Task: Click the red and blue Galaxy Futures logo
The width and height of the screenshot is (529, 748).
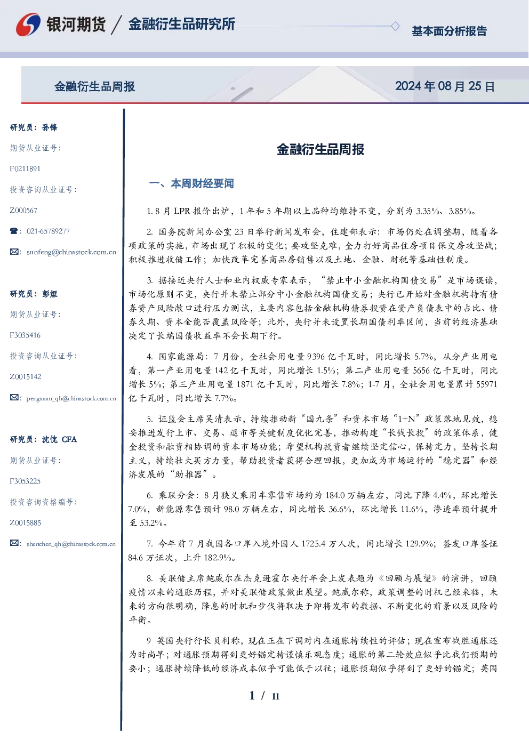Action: coord(28,25)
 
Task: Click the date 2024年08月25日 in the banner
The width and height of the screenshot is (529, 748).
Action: coord(445,86)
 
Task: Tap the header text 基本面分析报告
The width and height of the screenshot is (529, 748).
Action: coord(449,31)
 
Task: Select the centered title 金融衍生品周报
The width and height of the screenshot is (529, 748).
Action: coord(320,149)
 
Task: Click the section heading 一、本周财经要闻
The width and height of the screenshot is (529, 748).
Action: coord(191,183)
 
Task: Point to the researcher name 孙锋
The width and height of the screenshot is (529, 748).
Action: coord(50,127)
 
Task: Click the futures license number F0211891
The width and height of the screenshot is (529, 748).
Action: coord(25,168)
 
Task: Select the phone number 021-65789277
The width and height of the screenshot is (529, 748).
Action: coord(48,231)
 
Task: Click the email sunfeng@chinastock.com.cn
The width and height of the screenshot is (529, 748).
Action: coord(71,252)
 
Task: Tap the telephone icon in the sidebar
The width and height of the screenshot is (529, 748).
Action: coord(14,231)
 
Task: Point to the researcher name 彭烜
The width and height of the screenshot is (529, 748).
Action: coord(50,294)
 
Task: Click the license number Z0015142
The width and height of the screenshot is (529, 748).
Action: coord(26,377)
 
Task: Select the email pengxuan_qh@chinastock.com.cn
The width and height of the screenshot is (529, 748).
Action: coord(71,398)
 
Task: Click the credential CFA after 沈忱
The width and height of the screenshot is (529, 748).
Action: coord(69,439)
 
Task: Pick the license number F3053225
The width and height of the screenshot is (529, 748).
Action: coord(25,481)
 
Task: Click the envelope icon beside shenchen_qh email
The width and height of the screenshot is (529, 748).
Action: coord(14,543)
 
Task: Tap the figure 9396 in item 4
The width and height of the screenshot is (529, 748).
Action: coord(316,357)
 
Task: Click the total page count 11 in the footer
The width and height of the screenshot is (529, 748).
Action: coord(276,696)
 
